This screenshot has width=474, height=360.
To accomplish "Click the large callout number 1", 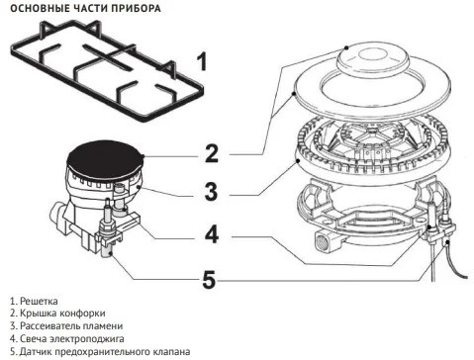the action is click(x=202, y=61).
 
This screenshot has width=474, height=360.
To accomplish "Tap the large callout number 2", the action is click(x=212, y=153).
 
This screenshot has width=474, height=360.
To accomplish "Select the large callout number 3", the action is click(x=211, y=192).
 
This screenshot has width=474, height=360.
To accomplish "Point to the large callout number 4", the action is click(x=212, y=234).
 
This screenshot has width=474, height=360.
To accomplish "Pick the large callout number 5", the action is click(x=209, y=279).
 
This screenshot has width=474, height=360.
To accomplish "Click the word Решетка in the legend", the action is click(x=39, y=301).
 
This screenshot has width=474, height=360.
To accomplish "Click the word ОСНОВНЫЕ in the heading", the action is click(x=33, y=8).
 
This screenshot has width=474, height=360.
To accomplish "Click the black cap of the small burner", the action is click(x=105, y=159).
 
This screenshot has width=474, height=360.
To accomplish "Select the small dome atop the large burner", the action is click(x=372, y=59).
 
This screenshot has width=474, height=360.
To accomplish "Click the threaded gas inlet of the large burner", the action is click(x=324, y=242).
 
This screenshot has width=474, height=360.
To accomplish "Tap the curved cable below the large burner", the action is click(x=457, y=264).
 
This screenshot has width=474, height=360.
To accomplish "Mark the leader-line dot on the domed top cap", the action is click(x=346, y=47).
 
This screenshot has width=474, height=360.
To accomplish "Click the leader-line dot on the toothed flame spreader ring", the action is click(x=298, y=161).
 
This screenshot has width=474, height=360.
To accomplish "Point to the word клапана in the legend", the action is click(x=172, y=351).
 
